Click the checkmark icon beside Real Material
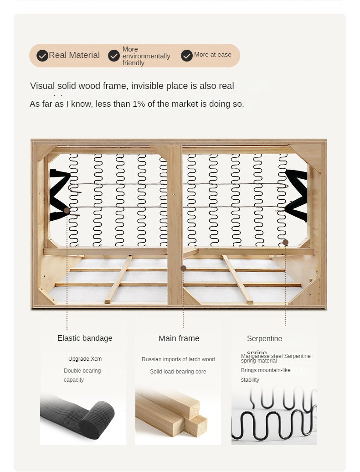pyautogui.click(x=42, y=56)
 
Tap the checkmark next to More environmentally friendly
pyautogui.click(x=114, y=56)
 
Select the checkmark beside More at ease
pyautogui.click(x=187, y=56)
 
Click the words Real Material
pyautogui.click(x=74, y=55)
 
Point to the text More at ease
pyautogui.click(x=212, y=55)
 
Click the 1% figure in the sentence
pyautogui.click(x=138, y=104)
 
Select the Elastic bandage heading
pyautogui.click(x=85, y=338)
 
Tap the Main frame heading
pyautogui.click(x=179, y=338)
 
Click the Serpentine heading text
pyautogui.click(x=264, y=338)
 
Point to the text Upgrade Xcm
pyautogui.click(x=85, y=359)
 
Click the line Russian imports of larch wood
pyautogui.click(x=178, y=359)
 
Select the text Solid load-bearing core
pyautogui.click(x=178, y=372)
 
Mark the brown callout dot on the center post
pyautogui.click(x=183, y=269)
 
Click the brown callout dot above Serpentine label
pyautogui.click(x=285, y=242)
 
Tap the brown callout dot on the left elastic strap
pyautogui.click(x=67, y=211)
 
